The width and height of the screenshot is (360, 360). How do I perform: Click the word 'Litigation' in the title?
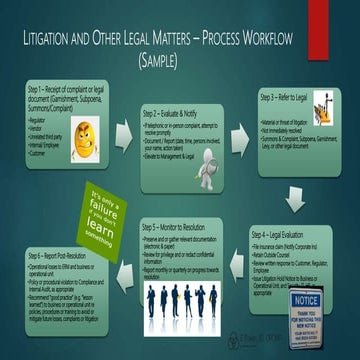[52, 43]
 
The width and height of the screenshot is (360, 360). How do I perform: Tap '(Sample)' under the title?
[180, 62]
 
